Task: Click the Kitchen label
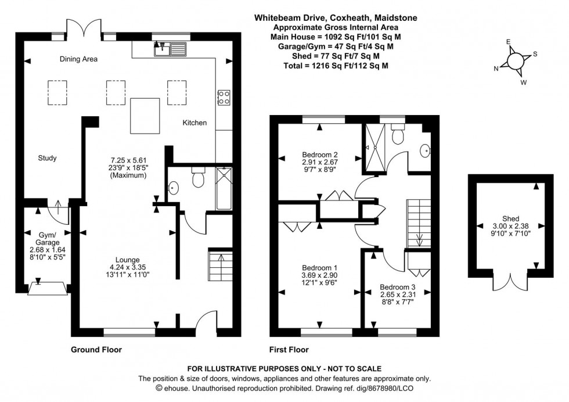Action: coord(195,123)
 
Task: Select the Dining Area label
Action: coord(78,59)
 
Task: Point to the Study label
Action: coord(47,158)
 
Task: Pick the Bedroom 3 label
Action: coord(398,287)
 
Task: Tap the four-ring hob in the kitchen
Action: coord(224,97)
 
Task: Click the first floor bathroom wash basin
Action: coord(426,151)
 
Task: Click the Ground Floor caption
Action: coord(96,350)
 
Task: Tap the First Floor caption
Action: coord(289,350)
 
